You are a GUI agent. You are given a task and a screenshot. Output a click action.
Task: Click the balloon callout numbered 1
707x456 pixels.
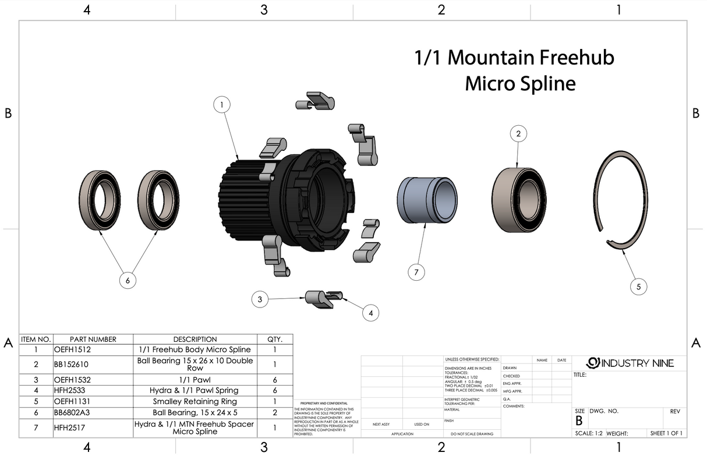221,105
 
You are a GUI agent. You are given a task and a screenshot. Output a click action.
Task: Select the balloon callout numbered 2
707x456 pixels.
518,134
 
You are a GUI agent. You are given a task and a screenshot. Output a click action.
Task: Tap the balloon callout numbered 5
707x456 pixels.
638,287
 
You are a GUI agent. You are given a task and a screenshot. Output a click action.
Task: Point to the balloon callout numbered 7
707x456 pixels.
416,272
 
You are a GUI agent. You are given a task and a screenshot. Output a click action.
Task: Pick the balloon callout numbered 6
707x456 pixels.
128,281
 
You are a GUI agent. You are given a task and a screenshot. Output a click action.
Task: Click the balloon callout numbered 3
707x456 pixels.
260,300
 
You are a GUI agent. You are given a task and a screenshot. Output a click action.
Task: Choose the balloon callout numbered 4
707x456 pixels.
370,313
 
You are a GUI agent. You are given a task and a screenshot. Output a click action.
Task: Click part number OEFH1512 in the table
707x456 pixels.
72,350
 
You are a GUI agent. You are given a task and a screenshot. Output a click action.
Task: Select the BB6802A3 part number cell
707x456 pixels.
73,412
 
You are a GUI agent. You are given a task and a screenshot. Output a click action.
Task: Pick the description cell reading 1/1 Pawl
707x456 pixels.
195,380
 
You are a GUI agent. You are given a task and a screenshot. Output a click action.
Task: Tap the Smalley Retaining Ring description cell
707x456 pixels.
195,401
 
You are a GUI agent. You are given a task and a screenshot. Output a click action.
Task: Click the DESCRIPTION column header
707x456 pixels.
195,340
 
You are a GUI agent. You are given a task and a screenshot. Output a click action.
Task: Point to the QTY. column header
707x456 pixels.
274,340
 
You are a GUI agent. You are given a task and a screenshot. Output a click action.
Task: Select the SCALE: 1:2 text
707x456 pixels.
589,434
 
